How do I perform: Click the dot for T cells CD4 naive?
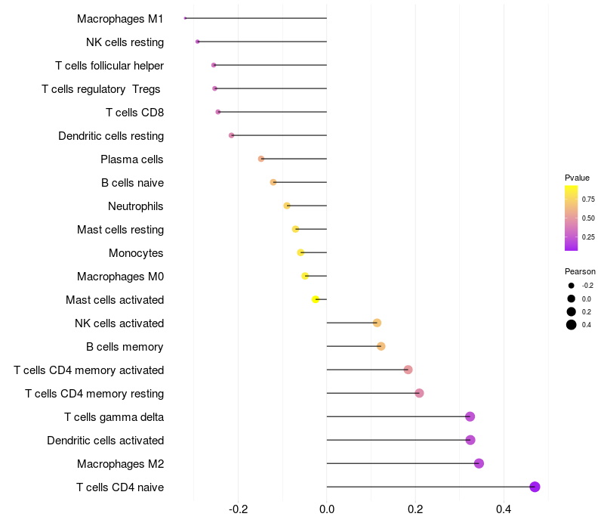click(x=535, y=487)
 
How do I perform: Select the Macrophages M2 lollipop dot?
click(x=479, y=463)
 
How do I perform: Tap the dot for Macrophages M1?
click(x=185, y=18)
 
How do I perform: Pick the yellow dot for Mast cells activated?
click(x=316, y=299)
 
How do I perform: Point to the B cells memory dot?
click(x=381, y=346)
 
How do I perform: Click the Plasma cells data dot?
click(x=261, y=159)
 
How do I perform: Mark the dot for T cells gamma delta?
click(x=470, y=416)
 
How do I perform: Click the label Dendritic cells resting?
click(x=111, y=136)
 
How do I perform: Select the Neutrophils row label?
click(x=136, y=206)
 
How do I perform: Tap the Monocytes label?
click(x=136, y=253)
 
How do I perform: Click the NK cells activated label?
click(x=119, y=323)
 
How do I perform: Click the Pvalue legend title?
click(x=577, y=178)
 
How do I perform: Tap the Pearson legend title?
click(x=580, y=271)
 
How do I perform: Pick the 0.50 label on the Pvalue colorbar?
click(x=588, y=218)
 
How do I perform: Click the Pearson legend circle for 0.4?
click(x=572, y=325)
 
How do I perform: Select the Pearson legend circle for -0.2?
click(x=572, y=286)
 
